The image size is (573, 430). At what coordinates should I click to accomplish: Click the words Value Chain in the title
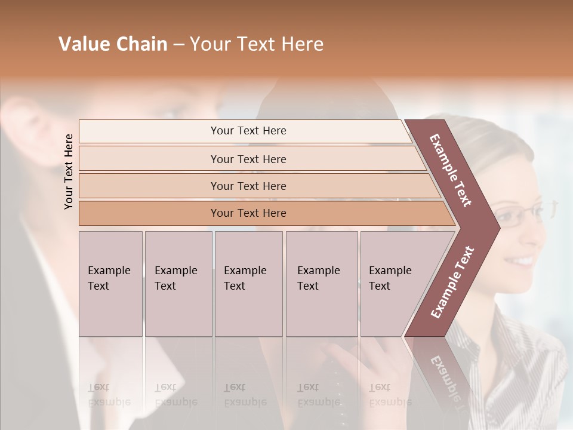point(113,44)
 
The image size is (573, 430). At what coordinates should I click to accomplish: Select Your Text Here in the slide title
point(257,44)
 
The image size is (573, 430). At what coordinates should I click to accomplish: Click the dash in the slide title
point(178,45)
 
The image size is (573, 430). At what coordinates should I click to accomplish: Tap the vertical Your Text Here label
point(69,171)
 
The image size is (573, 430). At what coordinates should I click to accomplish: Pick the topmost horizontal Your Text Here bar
point(248,131)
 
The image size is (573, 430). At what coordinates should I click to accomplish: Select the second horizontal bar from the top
point(248,159)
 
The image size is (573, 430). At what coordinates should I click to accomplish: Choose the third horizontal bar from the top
point(248,186)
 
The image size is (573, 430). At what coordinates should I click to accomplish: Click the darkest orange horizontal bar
point(248,213)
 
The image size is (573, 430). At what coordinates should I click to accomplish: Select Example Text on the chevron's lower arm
point(452,282)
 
